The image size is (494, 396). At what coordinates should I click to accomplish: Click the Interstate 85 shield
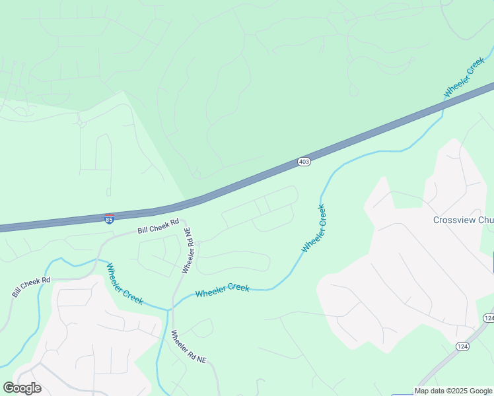click(109, 218)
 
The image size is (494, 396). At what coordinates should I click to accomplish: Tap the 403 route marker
click(303, 162)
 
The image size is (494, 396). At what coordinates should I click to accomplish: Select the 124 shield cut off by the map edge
click(489, 318)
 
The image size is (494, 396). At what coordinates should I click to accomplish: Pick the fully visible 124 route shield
click(462, 346)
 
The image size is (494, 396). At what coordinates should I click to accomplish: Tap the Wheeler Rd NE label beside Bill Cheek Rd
click(188, 251)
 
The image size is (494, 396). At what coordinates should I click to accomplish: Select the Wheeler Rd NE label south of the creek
click(189, 347)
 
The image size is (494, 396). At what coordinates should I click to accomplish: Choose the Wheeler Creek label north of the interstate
click(464, 78)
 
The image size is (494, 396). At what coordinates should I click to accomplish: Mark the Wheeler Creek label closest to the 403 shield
click(314, 228)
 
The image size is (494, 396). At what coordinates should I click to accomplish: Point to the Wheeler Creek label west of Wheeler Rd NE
click(125, 284)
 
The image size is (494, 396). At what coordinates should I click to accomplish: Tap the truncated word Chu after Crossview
click(486, 220)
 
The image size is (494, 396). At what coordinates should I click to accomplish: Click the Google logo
click(22, 388)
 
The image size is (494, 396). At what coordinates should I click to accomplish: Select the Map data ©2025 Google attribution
click(454, 391)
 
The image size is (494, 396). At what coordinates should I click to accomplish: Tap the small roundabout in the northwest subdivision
click(81, 122)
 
